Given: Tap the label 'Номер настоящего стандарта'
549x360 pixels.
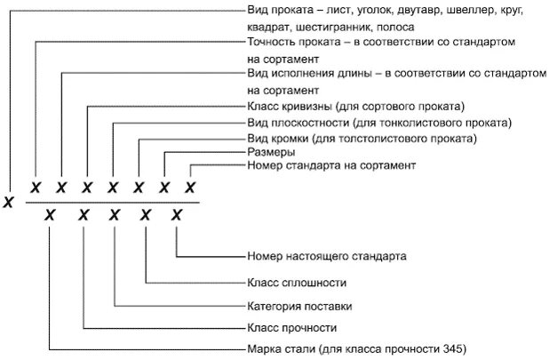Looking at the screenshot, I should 326,256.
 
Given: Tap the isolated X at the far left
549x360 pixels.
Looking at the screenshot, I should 8,202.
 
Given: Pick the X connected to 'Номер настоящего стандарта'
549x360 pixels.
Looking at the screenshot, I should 177,213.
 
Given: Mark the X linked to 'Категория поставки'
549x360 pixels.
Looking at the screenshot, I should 115,213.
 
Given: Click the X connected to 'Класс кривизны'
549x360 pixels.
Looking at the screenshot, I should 87,188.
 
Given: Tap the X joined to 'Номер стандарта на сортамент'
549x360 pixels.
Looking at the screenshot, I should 190,188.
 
